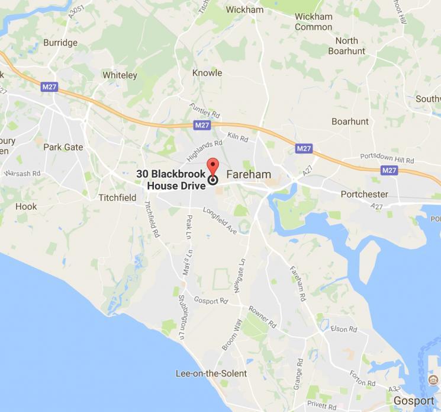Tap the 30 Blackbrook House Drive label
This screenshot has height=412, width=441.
click(171, 180)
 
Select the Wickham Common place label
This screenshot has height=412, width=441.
click(314, 21)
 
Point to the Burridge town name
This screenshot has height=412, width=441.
click(60, 43)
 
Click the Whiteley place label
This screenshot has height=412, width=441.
click(120, 75)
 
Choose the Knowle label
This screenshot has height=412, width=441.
click(207, 73)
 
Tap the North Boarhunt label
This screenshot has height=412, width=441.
click(347, 46)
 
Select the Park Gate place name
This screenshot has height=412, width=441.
click(63, 146)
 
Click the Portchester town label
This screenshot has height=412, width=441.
click(365, 194)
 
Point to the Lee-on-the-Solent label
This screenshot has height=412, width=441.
click(211, 373)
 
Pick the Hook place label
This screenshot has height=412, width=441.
click(26, 206)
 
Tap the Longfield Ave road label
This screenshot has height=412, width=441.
click(220, 219)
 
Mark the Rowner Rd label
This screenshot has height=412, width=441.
click(263, 317)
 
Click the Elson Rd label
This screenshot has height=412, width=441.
click(345, 328)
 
